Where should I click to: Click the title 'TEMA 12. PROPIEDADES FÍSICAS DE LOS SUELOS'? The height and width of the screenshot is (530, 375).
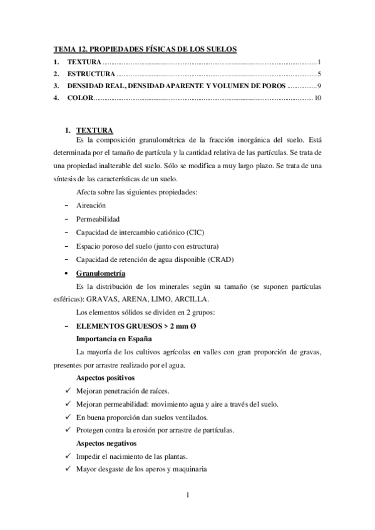click(x=145, y=49)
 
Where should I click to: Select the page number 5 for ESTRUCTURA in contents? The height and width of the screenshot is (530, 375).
click(x=319, y=74)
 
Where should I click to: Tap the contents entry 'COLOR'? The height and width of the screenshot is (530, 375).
click(x=80, y=98)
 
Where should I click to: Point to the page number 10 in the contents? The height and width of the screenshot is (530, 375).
click(x=317, y=98)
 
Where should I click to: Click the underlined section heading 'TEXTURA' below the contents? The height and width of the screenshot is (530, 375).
click(x=94, y=129)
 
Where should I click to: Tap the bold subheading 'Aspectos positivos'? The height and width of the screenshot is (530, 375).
click(x=106, y=379)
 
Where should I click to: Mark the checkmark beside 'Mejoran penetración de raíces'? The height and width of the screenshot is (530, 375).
click(x=68, y=391)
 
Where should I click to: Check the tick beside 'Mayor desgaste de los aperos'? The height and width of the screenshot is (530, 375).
click(x=68, y=469)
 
